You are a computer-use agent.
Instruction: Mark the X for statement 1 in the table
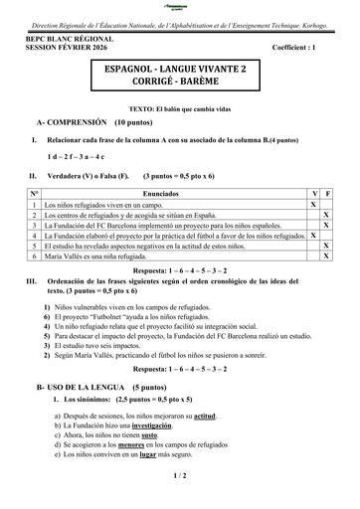tap(314, 203)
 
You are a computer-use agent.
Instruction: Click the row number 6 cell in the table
tap(34, 256)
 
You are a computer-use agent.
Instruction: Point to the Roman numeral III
tap(31, 282)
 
